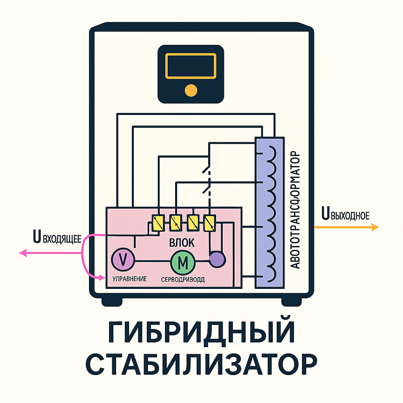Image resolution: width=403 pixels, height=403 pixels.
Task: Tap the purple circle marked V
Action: tap(123, 259)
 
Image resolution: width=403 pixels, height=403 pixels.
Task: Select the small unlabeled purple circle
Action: tap(216, 260)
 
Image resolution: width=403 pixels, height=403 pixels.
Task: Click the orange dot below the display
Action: tap(191, 90)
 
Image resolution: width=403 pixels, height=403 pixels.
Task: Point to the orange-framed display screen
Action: tap(191, 66)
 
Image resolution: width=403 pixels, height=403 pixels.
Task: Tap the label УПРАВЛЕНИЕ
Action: tap(129, 279)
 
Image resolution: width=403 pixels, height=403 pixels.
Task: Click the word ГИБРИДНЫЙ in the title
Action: tap(201, 333)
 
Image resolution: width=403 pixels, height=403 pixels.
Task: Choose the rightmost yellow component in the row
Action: tap(209, 223)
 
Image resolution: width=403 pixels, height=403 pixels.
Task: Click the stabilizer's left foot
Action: tap(112, 301)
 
